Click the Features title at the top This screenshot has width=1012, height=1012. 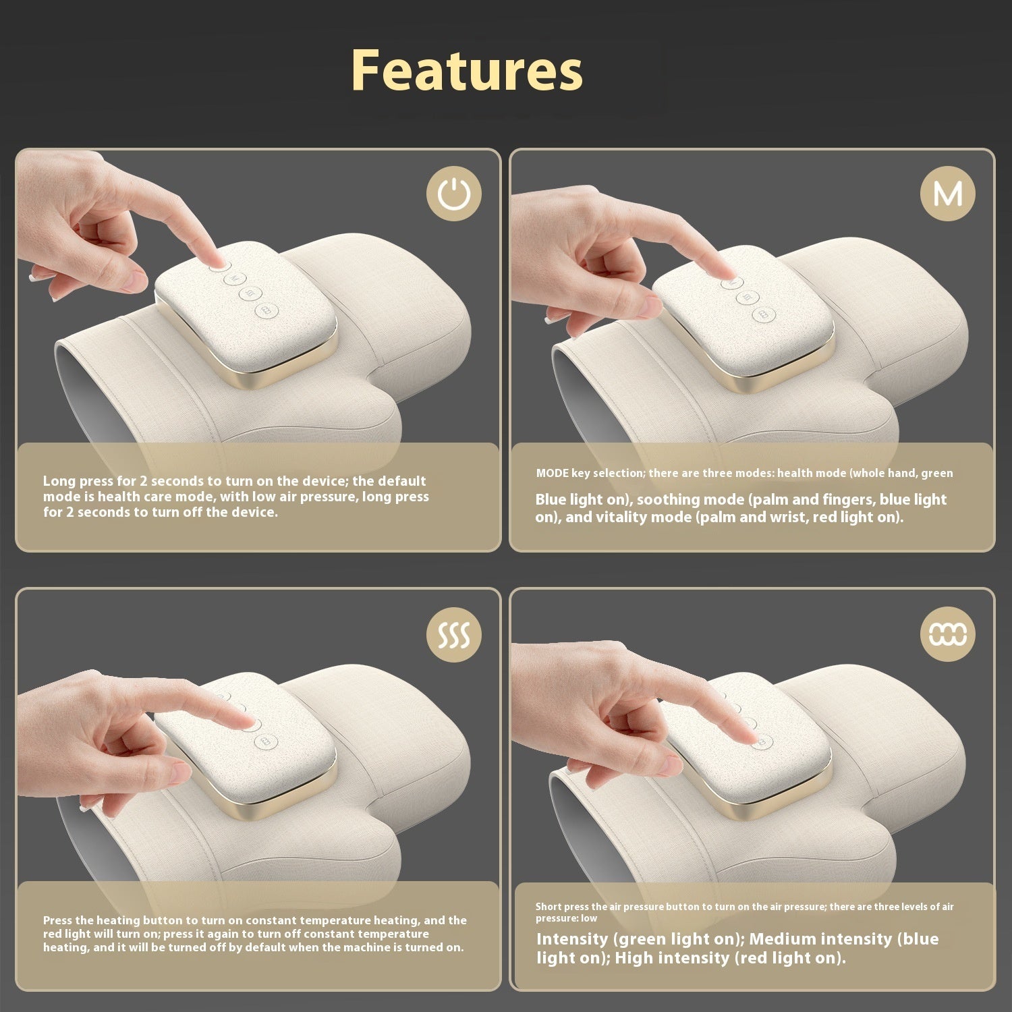(x=467, y=71)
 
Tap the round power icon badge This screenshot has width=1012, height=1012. (x=454, y=194)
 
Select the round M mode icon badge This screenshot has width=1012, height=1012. (x=947, y=194)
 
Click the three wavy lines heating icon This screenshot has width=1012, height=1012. (x=454, y=634)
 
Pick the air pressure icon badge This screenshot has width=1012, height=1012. (x=947, y=634)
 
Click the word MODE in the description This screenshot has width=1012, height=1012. (x=553, y=473)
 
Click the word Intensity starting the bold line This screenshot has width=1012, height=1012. (x=572, y=938)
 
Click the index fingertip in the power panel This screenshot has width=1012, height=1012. (x=217, y=260)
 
